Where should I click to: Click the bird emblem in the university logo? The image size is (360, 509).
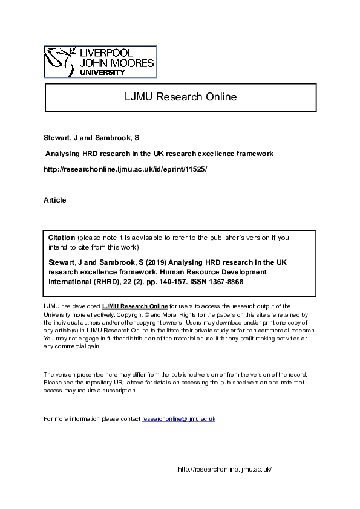coord(61,60)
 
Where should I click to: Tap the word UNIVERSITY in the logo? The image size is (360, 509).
coord(103,72)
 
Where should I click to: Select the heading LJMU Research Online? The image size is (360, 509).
coord(180,97)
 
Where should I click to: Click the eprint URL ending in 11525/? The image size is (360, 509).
coord(125,169)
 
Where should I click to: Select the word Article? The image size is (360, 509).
coord(55,200)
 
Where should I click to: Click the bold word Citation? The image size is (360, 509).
coord(62,238)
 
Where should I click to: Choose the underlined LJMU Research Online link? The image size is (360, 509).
coord(135,307)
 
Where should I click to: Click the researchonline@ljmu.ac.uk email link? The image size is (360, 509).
coord(178,419)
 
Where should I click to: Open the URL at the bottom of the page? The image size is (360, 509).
coord(225,469)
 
